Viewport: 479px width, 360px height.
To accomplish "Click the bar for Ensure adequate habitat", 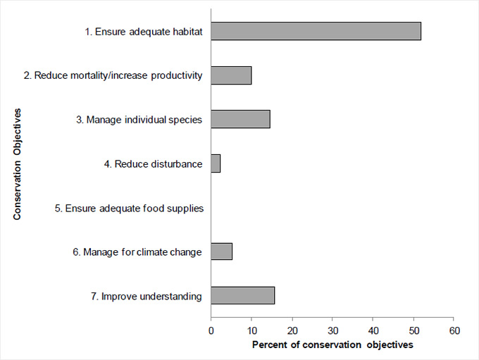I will coord(316,31).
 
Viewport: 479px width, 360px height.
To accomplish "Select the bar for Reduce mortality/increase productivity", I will coord(231,75).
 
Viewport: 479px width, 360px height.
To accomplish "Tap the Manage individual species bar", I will coord(240,120).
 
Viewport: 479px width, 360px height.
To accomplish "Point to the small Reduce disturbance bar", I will coord(216,164).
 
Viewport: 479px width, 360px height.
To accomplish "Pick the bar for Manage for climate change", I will coord(221,252).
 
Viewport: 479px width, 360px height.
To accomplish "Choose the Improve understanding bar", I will coord(242,296).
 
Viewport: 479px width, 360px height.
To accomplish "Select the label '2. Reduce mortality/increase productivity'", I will coord(113,76).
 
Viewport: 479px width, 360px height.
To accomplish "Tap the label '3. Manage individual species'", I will coord(139,120).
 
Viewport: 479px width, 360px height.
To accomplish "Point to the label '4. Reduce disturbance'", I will coord(153,164).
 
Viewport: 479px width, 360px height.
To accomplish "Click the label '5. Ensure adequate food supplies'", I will coord(129,209).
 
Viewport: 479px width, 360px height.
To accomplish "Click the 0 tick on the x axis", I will coord(211,330).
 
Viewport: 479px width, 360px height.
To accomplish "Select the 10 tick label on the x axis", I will coord(251,330).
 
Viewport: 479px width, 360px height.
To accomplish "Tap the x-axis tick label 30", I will coord(332,330).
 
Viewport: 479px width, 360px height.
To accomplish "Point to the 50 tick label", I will coord(413,330).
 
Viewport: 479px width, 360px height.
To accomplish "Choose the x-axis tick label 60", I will coord(454,330).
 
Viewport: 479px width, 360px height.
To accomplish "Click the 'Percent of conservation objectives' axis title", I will coord(332,345).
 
